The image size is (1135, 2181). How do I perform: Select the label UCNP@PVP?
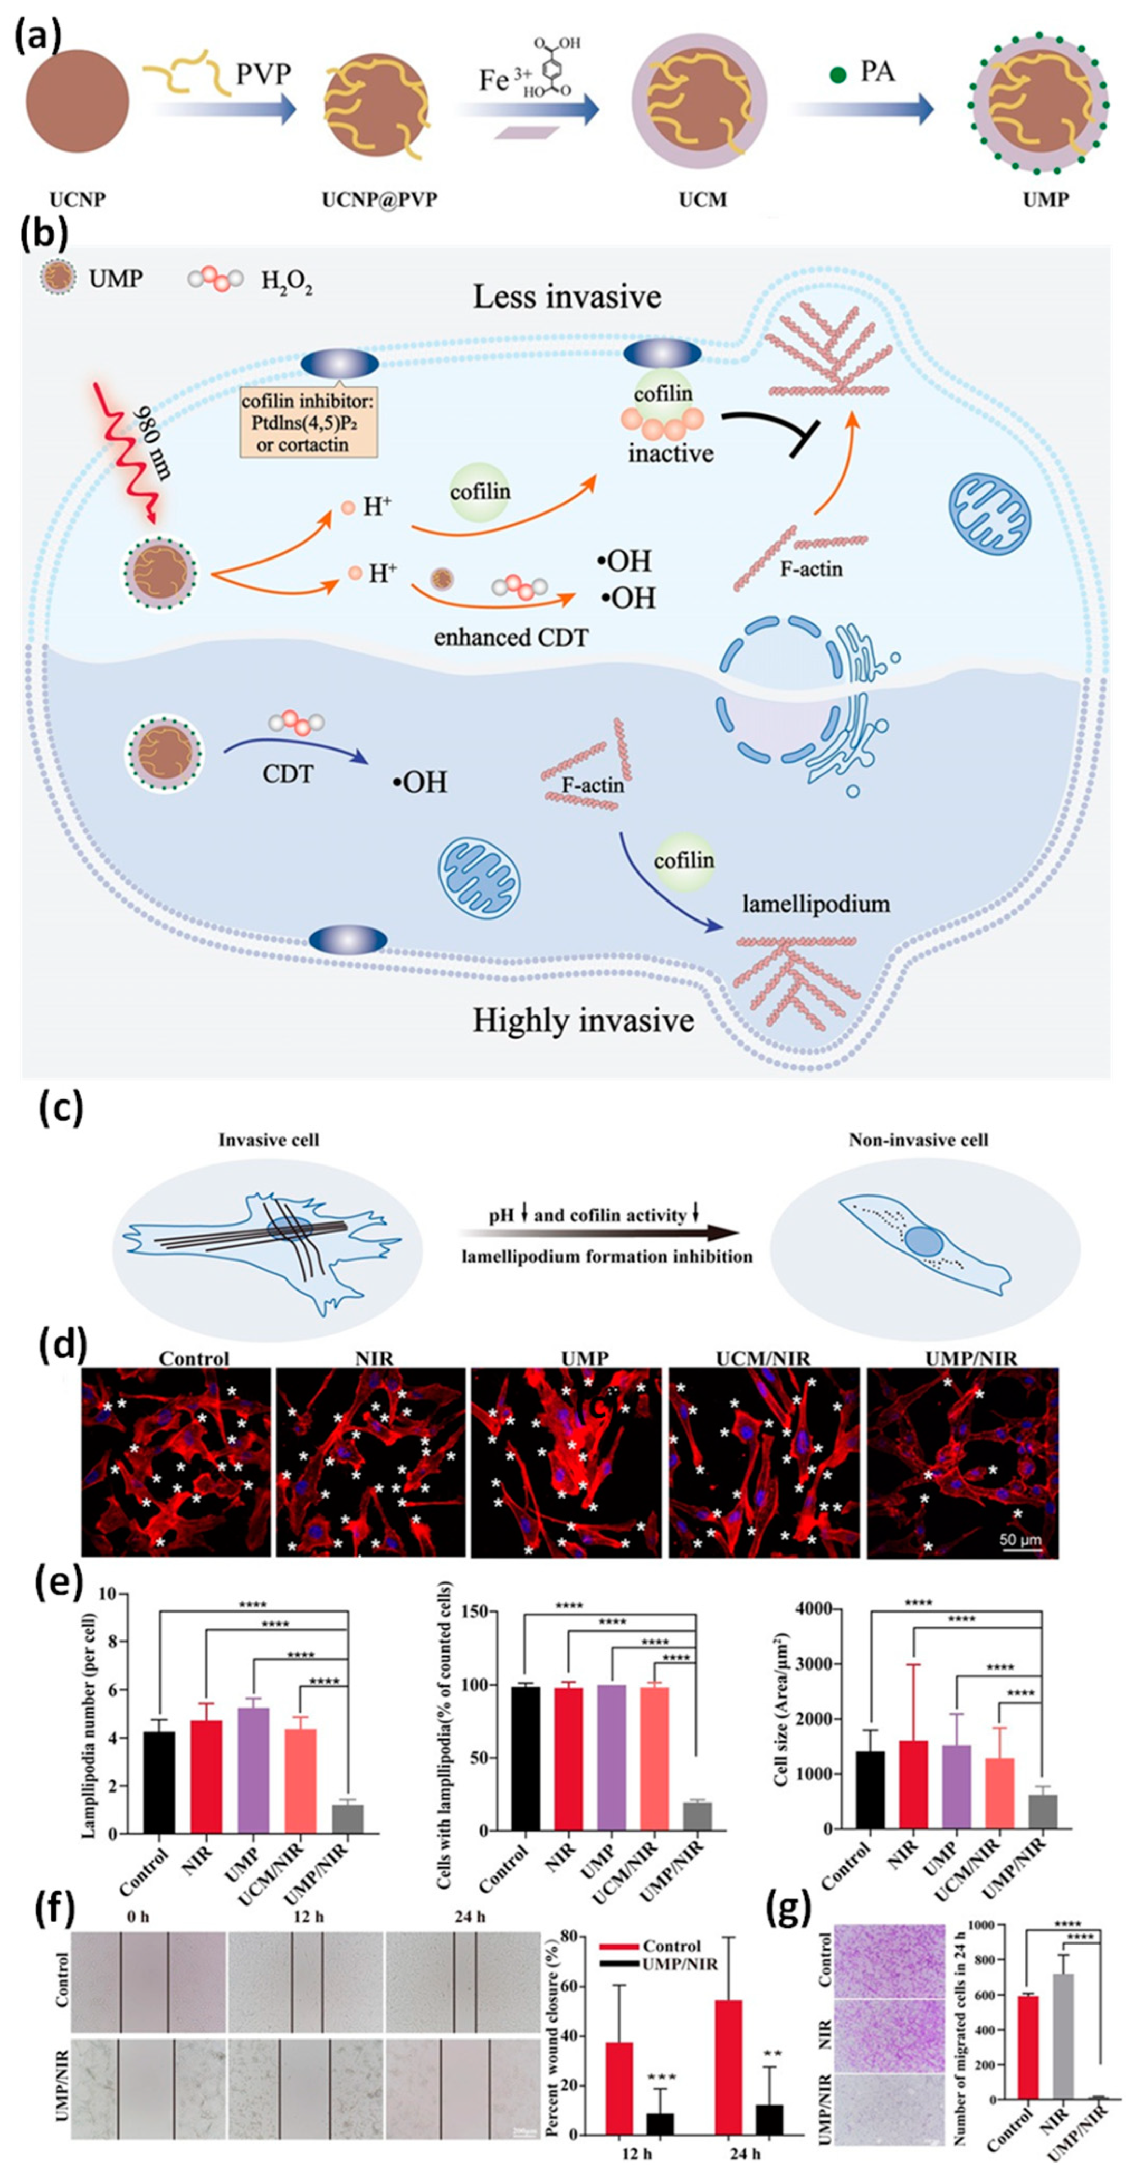(x=380, y=201)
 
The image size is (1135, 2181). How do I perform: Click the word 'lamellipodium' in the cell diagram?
(x=816, y=904)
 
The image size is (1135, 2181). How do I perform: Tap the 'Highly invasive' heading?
(x=583, y=1020)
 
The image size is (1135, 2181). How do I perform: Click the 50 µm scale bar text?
(x=1020, y=1539)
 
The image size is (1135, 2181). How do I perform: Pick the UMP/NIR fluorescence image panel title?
(x=971, y=1359)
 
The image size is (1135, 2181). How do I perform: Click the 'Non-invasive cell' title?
(x=918, y=1140)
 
